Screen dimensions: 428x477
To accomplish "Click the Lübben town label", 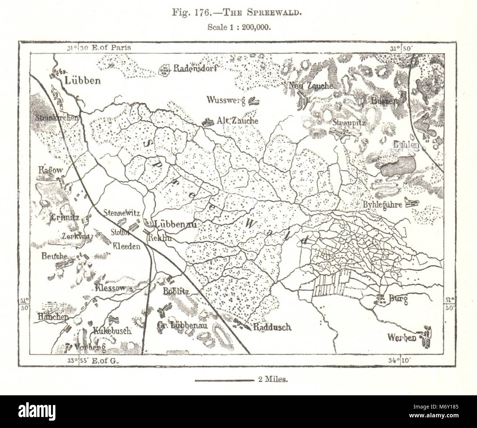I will pos(83,81).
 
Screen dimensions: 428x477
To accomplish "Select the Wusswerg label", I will pos(226,100).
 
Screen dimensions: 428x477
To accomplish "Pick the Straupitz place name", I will pos(348,123).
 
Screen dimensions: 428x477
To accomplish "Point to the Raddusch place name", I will pos(272,327).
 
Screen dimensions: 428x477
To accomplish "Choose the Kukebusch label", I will pos(112,330).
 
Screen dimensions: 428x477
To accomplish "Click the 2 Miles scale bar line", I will pos(224,380).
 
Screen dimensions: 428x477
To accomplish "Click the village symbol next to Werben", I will pos(426,337).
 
